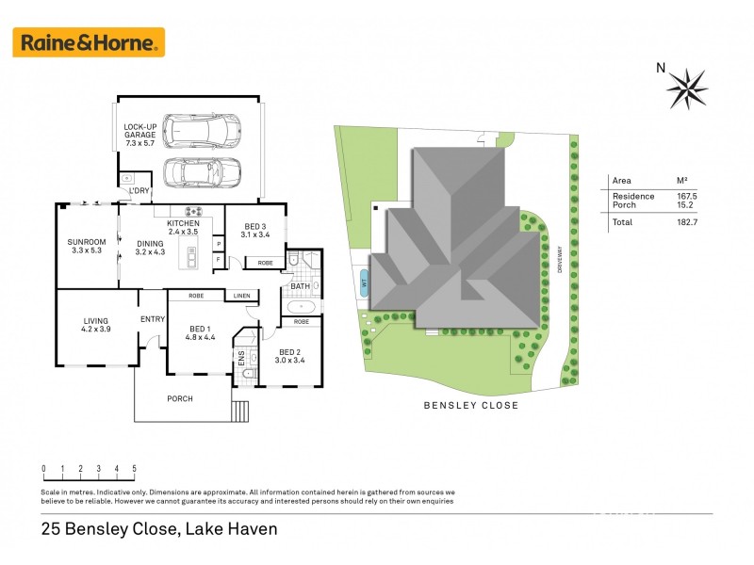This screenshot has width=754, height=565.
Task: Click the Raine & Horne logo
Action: pos(88,42)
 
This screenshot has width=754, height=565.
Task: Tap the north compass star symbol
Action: pos(687,88)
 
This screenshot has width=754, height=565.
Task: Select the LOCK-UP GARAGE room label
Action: pos(139,131)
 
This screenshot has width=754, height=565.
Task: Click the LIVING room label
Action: pos(95,325)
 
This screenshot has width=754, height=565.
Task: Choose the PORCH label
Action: pos(180,398)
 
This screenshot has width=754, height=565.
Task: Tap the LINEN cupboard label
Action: pos(243,296)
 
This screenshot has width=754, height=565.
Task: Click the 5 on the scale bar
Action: pos(135,468)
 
